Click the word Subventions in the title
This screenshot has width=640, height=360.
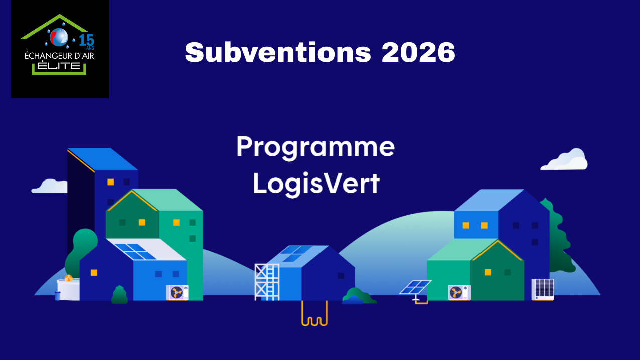click(278, 52)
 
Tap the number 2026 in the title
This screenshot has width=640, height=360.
click(418, 52)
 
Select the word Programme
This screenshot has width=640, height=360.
click(315, 147)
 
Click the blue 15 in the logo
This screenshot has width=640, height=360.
click(87, 40)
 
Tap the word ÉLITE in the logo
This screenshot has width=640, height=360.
click(60, 66)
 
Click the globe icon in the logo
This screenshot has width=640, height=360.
click(59, 36)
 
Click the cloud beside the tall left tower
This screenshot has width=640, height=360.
click(49, 186)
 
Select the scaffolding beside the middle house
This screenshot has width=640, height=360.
click(267, 281)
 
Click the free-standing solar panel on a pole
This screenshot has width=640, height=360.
click(415, 288)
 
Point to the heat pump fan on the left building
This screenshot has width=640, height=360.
click(177, 292)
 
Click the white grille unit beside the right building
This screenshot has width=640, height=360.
click(543, 289)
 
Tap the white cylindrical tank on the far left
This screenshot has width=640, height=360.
click(68, 289)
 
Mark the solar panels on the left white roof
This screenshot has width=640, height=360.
click(135, 252)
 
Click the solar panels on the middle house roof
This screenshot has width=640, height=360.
click(296, 253)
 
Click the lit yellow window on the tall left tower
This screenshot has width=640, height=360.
click(111, 182)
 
